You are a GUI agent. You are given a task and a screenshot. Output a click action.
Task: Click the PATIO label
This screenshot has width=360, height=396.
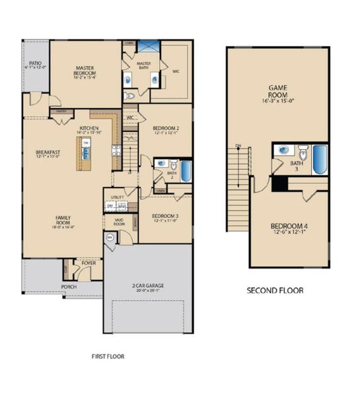coord(36,64)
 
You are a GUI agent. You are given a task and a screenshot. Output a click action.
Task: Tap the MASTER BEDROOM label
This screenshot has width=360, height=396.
coord(85,70)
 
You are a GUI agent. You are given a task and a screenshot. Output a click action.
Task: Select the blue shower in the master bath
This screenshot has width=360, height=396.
coord(149,47)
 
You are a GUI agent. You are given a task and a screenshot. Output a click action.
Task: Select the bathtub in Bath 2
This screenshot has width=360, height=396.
coord(186,172)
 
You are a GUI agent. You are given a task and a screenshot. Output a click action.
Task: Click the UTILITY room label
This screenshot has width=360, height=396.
coord(118,197)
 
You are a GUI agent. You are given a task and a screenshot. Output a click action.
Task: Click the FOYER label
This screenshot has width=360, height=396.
coord(89,263)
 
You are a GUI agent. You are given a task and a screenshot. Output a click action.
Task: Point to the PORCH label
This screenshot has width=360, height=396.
coord(68,287)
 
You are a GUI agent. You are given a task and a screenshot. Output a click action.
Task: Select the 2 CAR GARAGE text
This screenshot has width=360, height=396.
coord(148,285)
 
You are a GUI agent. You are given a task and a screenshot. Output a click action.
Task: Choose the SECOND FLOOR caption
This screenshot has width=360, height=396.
coord(275,290)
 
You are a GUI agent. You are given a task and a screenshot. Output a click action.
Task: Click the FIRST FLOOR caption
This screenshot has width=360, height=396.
coord(108,356)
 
